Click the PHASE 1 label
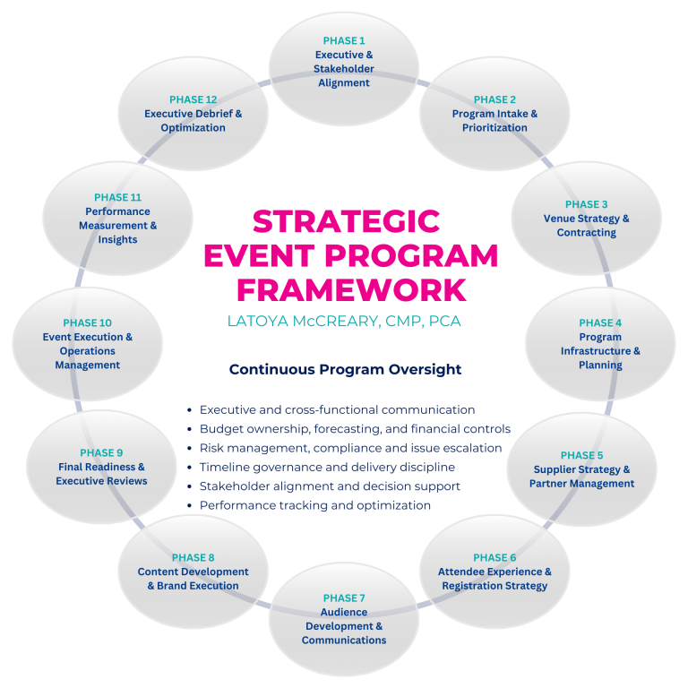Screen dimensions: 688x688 (344, 40)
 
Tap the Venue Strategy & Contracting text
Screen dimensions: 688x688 (586, 226)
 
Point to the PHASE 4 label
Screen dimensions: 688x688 (600, 322)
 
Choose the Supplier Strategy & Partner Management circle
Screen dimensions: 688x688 (581, 469)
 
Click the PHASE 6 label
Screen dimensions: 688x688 (494, 557)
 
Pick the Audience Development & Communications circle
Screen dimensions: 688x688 (344, 619)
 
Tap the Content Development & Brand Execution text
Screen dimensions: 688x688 (193, 579)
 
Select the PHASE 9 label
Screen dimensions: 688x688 (101, 452)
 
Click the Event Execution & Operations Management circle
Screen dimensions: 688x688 (87, 344)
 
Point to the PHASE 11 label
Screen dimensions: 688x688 (117, 197)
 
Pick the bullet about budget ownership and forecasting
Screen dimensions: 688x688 (355, 429)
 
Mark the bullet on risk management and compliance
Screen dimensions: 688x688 (350, 448)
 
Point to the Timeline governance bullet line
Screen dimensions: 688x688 (327, 467)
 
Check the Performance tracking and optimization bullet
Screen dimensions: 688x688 (315, 505)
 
